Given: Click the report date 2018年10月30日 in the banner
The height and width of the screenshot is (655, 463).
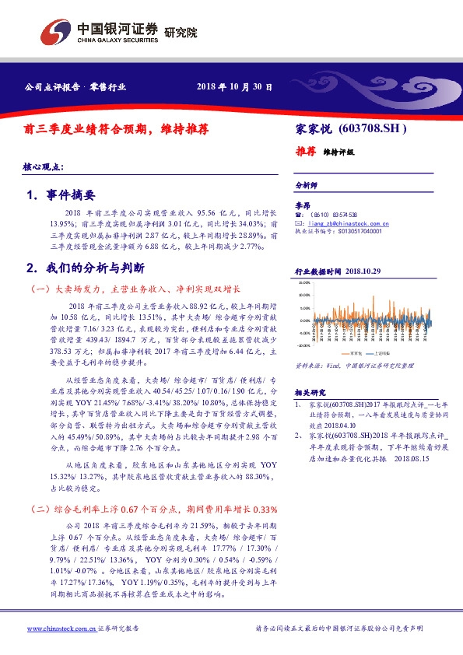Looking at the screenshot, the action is pyautogui.click(x=234, y=87).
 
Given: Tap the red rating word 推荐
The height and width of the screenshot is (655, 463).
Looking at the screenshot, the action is pyautogui.click(x=305, y=151).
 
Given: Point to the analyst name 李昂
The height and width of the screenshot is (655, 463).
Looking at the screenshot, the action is pyautogui.click(x=303, y=205).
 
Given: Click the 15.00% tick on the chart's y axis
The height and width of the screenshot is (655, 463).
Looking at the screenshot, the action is pyautogui.click(x=304, y=283).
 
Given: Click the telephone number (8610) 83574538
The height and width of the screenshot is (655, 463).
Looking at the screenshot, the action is pyautogui.click(x=335, y=214).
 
